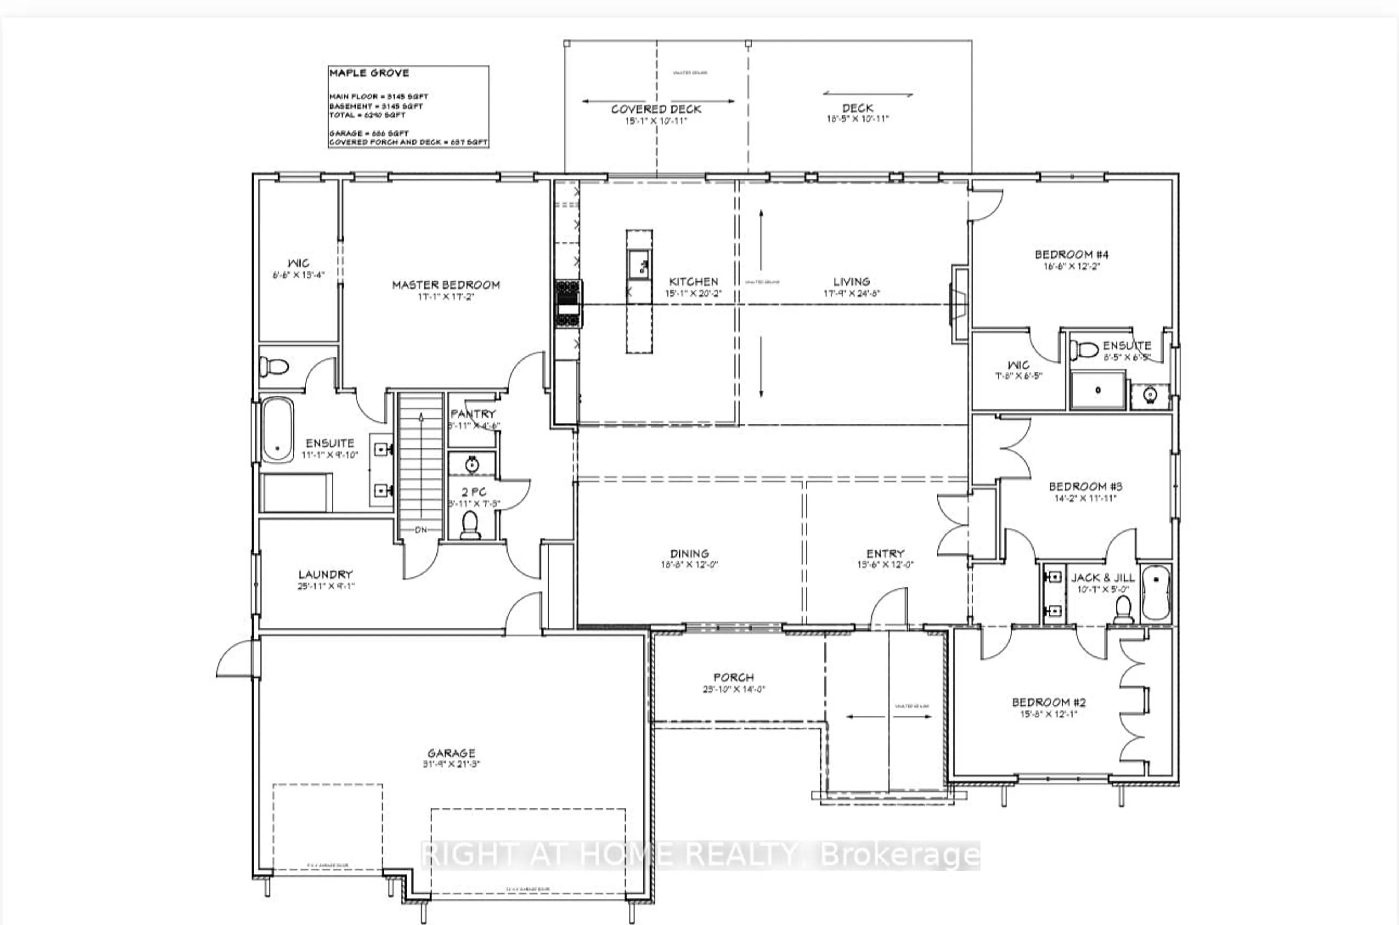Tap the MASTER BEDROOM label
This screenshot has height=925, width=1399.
[x=446, y=285]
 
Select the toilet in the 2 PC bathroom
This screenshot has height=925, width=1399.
[x=470, y=525]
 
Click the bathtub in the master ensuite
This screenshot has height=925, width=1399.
[x=277, y=430]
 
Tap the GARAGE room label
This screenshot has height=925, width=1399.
[x=451, y=753]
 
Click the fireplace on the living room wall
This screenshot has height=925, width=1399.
[x=959, y=305]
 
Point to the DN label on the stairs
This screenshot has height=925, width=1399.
[x=420, y=530]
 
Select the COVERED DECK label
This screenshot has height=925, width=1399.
[x=656, y=109]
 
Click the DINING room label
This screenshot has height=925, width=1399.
[x=689, y=553]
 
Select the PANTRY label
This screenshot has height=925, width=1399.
[x=473, y=413]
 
